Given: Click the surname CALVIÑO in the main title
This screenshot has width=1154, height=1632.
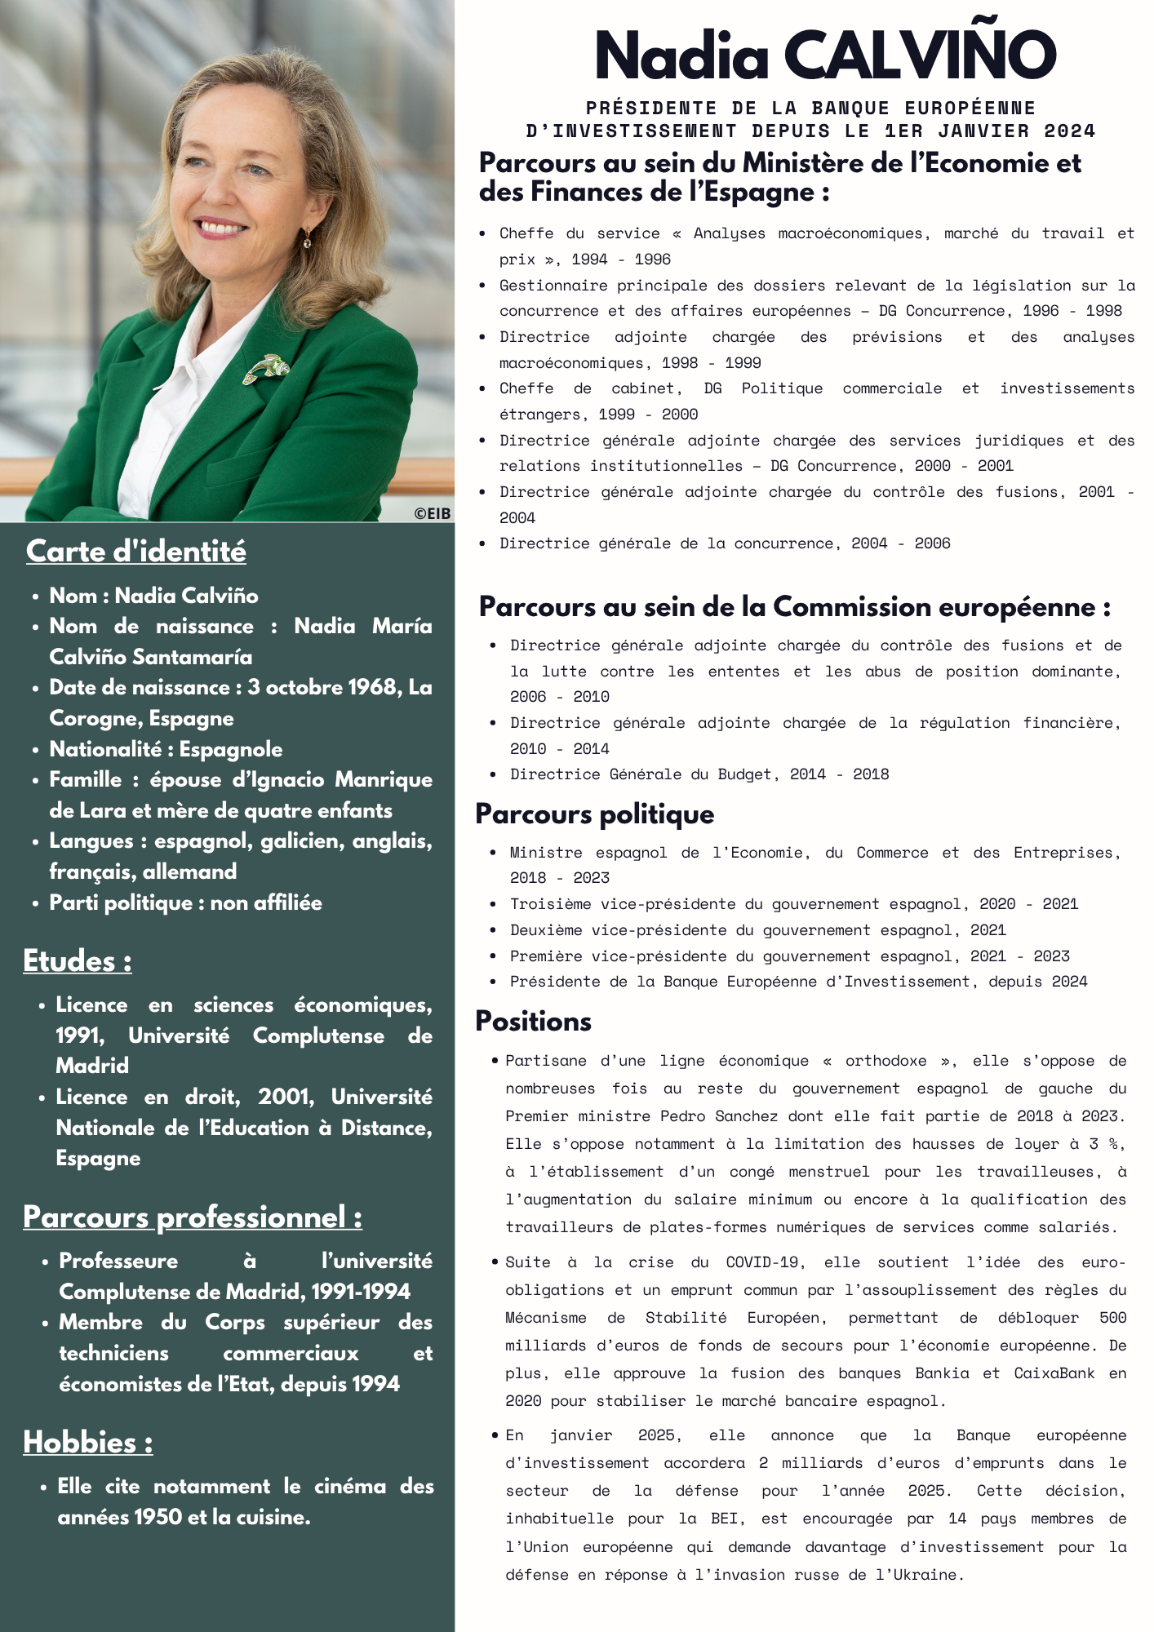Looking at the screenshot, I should [920, 55].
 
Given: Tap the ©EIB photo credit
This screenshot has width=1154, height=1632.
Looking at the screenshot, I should [432, 513].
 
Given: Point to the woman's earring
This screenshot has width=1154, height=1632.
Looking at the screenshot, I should [308, 238].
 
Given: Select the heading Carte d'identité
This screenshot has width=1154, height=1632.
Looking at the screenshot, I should [135, 552].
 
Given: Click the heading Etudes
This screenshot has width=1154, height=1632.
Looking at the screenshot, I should [77, 961].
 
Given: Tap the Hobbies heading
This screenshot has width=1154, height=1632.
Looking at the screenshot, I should [87, 1443].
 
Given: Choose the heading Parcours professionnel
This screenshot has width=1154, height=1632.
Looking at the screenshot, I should [192, 1217].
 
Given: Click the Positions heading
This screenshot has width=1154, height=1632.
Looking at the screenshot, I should [533, 1022].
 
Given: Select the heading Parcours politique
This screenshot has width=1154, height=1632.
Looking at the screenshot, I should [594, 814].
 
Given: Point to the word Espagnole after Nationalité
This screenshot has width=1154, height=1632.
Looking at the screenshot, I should [231, 750].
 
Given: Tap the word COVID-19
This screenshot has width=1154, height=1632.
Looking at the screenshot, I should [761, 1262].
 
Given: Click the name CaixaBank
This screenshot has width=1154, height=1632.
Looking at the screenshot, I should [1054, 1373].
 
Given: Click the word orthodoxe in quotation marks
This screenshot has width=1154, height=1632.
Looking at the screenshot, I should [885, 1061].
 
